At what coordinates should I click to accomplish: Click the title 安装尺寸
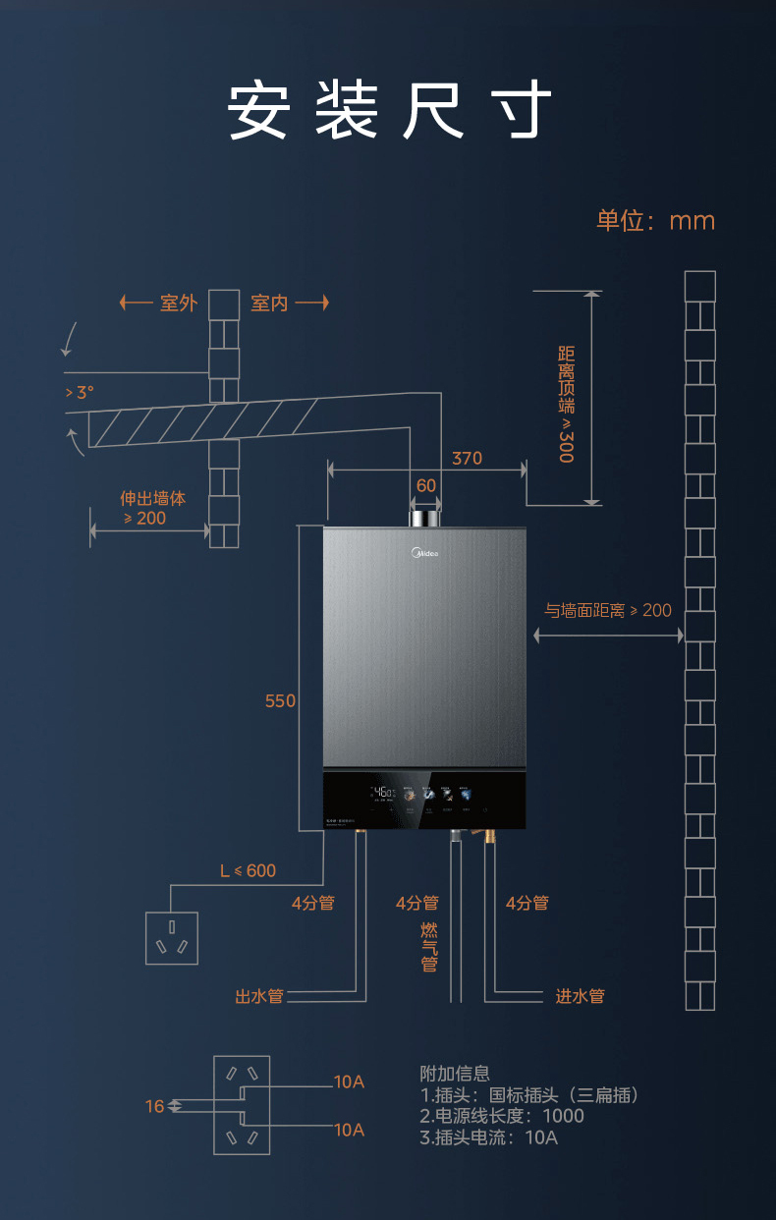[389, 110]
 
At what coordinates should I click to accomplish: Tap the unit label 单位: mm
[655, 220]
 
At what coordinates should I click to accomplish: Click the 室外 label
[178, 303]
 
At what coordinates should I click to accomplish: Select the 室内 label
[269, 303]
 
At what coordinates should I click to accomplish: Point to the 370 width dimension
[467, 458]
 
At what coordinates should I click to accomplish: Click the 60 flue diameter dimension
[425, 485]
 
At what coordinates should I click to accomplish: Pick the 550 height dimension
[280, 700]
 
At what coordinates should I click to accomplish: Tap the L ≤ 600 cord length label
[248, 870]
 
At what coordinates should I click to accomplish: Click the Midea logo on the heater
[424, 554]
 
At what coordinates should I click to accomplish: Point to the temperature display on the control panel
[383, 792]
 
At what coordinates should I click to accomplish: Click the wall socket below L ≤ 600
[172, 937]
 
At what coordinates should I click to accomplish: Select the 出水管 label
[259, 996]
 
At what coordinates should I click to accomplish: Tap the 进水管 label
[580, 996]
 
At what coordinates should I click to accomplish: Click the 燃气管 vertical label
[429, 947]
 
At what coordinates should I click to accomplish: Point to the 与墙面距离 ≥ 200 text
[608, 610]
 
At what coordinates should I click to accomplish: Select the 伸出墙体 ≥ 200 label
[152, 508]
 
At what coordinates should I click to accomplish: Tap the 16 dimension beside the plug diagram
[155, 1106]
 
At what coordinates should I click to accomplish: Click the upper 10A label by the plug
[349, 1081]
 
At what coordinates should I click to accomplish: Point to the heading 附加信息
[454, 1074]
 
